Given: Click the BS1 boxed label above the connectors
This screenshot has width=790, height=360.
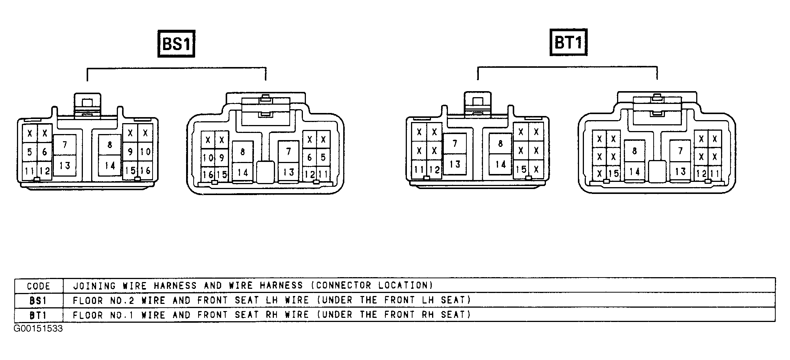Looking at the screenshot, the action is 176,44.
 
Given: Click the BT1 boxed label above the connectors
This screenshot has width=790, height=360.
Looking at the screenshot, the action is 568,42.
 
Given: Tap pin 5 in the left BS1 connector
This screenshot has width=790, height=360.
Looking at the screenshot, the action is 30,152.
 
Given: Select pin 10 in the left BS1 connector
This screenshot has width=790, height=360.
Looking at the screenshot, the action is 145,152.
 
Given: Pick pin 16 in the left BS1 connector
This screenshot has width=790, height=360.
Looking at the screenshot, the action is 145,170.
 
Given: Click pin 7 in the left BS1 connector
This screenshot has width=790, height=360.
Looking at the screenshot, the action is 65,145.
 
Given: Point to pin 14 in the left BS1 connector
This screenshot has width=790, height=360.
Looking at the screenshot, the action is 110,165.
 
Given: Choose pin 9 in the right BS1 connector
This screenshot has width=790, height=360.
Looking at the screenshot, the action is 222,157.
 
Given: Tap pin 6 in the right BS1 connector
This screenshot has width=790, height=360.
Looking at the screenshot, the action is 310,157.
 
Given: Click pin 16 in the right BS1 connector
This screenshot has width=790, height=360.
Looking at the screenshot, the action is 208,174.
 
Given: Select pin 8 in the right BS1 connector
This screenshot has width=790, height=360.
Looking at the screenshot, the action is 243,152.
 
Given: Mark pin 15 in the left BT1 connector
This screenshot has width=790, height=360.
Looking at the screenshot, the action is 521,169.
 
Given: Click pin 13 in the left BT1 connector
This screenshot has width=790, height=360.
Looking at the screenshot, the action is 455,164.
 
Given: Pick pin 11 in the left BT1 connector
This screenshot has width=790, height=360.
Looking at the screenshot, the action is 419,169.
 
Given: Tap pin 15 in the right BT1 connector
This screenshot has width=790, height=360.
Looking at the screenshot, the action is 613,173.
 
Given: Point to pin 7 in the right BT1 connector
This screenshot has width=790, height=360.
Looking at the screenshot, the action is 680,151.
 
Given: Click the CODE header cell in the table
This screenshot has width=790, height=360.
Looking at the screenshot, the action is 38,286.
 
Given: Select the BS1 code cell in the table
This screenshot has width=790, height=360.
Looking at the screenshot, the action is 38,301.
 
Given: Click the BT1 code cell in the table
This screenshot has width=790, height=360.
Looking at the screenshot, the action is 38,315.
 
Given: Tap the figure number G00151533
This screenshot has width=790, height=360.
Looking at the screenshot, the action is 38,329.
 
